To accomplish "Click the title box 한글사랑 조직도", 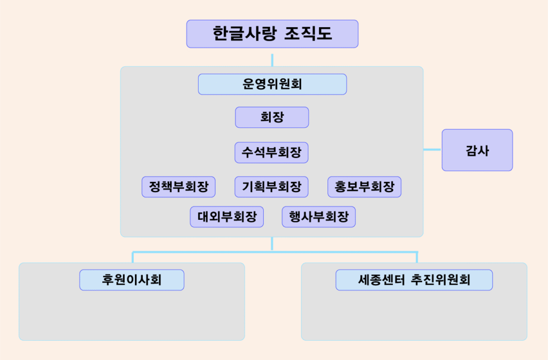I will pos(272,34).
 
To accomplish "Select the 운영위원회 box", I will pos(272,84).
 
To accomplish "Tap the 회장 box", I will pos(272,117).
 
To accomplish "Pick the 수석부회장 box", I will pos(272,152).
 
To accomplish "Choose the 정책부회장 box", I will pos(179,187).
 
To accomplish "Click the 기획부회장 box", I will pos(272,187).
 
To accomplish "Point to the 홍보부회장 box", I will pos(364,187).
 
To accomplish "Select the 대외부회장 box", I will pos(227,217).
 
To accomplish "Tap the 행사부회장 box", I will pos(318,217).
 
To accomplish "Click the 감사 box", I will pos(477,150).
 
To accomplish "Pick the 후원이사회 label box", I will pos(132,280).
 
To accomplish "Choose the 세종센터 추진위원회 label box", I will pos(414,280).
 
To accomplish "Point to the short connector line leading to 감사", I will pos(432,150).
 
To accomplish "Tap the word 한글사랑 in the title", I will pos(245,34).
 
